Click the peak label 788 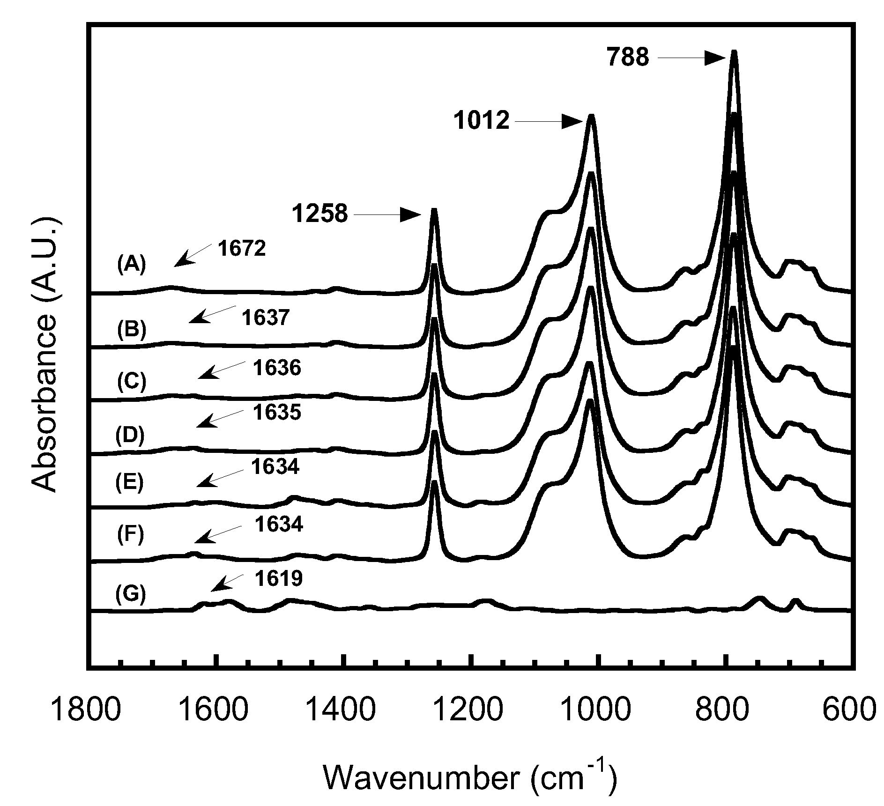628,58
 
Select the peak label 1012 481,121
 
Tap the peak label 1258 320,214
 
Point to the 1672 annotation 242,249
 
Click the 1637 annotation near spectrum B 266,318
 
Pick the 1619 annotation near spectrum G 279,579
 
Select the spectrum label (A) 132,265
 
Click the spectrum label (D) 130,436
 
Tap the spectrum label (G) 131,594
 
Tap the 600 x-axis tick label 849,710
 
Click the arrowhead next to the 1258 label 412,215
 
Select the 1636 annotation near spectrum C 277,368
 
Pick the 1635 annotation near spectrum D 277,413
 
